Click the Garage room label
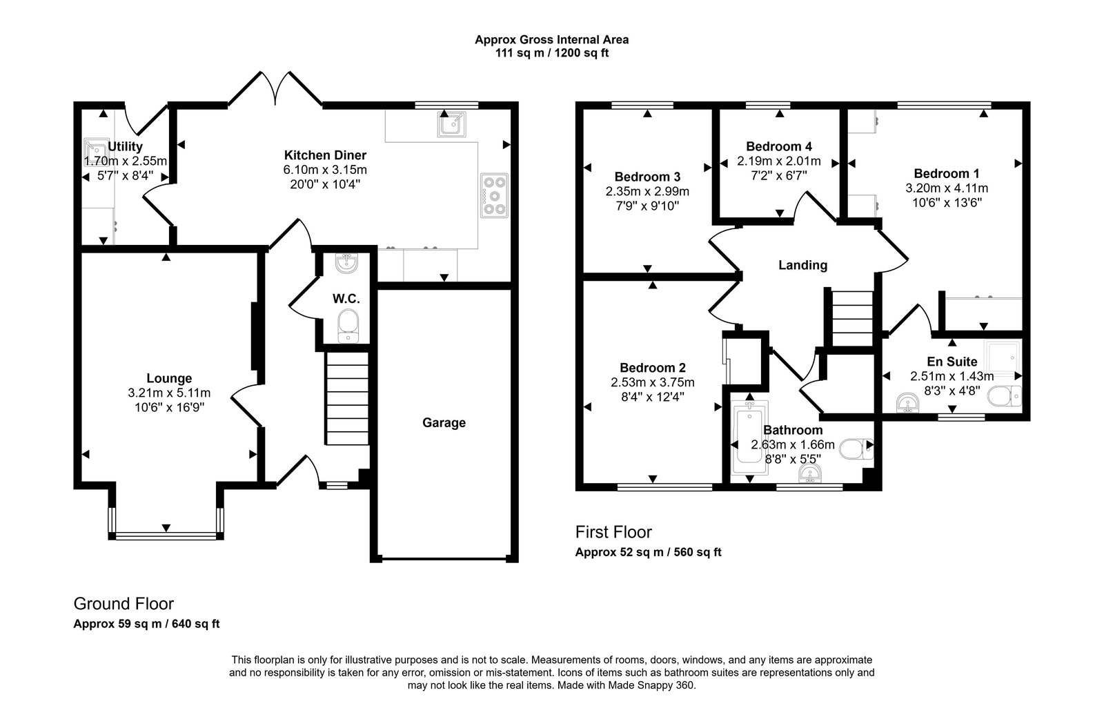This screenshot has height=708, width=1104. tap(444, 422)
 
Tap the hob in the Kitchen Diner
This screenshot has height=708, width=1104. tap(494, 195)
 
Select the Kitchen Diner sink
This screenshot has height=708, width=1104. tap(452, 126)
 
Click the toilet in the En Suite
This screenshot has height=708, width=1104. tap(1005, 397)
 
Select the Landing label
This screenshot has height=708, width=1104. tap(802, 265)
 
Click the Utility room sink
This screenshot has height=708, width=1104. tap(94, 148)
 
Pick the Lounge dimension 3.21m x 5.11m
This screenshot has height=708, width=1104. tap(169, 393)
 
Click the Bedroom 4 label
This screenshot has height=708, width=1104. tap(778, 146)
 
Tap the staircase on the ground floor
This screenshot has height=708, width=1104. tap(346, 399)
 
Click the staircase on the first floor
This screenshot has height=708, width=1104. tap(851, 318)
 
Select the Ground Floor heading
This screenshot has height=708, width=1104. tap(124, 604)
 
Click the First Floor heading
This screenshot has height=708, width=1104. tap(613, 532)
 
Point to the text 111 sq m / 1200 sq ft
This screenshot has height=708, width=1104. tap(551, 52)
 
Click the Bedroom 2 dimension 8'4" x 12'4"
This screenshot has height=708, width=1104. tap(652, 396)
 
